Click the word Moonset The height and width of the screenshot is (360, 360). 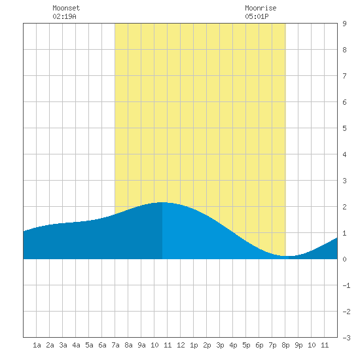[66, 8]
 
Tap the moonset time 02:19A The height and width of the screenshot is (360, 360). [64, 16]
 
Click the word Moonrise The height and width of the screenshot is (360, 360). [261, 8]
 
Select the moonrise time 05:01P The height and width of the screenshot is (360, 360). [257, 16]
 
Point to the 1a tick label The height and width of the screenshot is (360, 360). [37, 345]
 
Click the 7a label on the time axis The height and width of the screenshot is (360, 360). [115, 345]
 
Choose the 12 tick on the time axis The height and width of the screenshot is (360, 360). [181, 345]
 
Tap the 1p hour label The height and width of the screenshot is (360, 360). [194, 345]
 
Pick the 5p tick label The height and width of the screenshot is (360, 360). [246, 345]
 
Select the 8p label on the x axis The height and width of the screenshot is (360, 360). [285, 345]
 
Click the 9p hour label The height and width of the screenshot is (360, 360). [298, 345]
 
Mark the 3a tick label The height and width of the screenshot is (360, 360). [63, 345]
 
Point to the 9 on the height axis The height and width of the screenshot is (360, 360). [344, 24]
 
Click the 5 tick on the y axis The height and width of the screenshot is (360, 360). [344, 128]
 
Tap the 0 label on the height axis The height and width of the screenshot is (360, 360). [344, 259]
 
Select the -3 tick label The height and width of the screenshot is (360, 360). [346, 338]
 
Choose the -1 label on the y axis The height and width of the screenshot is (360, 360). [346, 285]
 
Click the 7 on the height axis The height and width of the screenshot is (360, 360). [344, 76]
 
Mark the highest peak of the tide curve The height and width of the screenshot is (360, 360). [162, 202]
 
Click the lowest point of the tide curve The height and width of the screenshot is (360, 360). [287, 256]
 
